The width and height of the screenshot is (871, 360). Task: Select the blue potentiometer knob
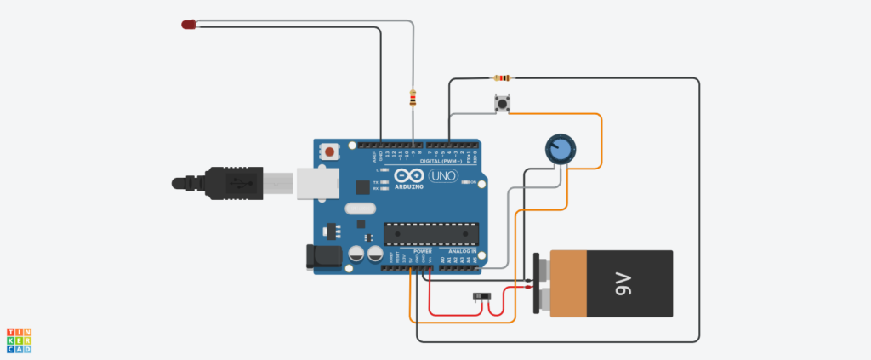click(559, 150)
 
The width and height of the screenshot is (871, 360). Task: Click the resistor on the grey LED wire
click(413, 99)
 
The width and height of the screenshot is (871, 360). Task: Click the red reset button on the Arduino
click(328, 151)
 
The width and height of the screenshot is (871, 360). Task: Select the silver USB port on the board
click(315, 182)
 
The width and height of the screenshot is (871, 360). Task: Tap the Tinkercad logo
click(19, 340)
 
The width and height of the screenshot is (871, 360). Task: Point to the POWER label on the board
click(423, 252)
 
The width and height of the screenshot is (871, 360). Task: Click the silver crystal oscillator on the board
click(360, 207)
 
